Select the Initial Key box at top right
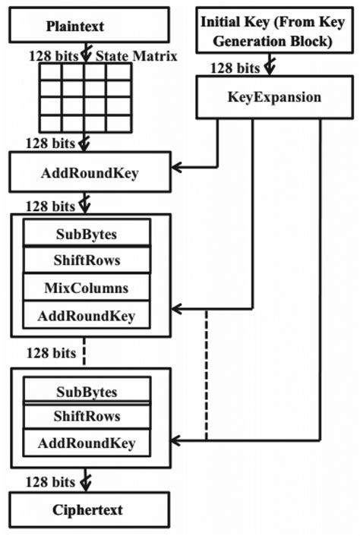coord(273,30)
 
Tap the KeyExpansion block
coord(273,99)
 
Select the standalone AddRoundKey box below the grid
coord(88,172)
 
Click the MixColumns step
coord(87,288)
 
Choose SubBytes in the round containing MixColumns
coord(87,233)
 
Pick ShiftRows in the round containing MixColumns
coord(87,260)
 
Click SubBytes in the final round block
coord(87,392)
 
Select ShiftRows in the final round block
coord(87,416)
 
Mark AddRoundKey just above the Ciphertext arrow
coord(87,443)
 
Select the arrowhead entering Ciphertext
coord(85,486)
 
